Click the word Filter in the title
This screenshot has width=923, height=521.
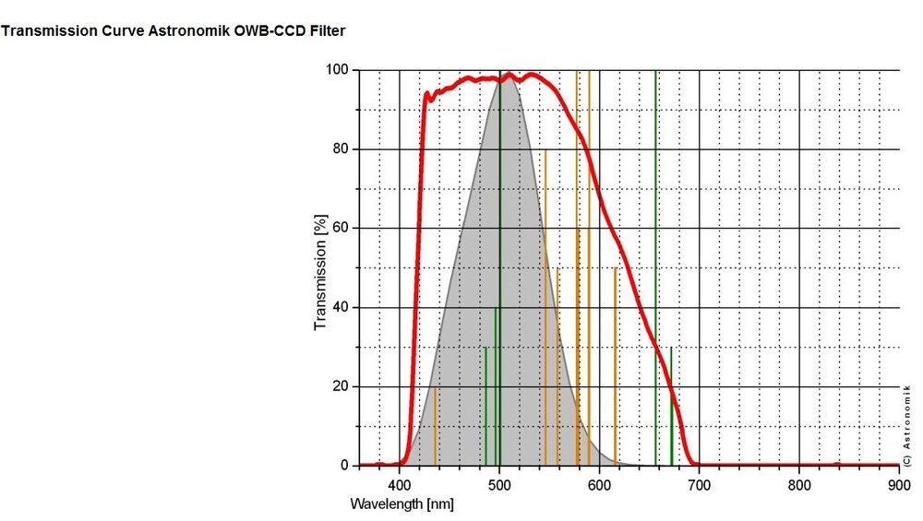pos(327,31)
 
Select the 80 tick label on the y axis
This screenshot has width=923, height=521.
pos(340,149)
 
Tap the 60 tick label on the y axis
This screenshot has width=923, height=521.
pos(340,229)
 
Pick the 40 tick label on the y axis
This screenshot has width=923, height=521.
pos(340,308)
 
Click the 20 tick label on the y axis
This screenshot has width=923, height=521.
pos(340,387)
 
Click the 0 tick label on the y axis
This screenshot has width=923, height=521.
pos(343,467)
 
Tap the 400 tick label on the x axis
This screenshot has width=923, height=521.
pos(399,482)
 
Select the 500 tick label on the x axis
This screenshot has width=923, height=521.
pos(499,482)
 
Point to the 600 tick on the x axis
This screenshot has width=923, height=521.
pos(600,482)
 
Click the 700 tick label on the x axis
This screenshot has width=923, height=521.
pos(700,482)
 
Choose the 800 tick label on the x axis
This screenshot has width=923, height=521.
pos(799,482)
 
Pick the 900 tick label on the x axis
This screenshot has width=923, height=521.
pos(899,482)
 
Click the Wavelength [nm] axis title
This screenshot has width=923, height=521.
pos(402,504)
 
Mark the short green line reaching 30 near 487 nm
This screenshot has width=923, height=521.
pos(485,406)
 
